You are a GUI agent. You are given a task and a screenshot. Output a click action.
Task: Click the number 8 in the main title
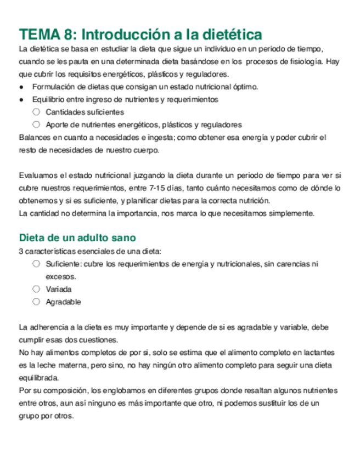point(69,35)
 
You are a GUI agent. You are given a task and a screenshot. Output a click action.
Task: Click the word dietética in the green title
point(229,35)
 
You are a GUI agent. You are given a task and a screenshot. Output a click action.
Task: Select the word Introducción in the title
point(125,35)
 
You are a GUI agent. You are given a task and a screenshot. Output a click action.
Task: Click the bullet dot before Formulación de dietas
point(21,87)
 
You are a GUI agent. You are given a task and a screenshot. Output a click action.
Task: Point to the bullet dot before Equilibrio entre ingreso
point(21,100)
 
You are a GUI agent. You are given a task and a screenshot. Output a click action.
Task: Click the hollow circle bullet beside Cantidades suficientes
point(36,112)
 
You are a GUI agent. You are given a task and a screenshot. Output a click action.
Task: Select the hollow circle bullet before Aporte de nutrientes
point(36,124)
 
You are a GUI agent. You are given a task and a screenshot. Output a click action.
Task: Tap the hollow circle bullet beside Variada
point(36,289)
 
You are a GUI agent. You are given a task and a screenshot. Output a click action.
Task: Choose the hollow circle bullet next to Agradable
point(36,302)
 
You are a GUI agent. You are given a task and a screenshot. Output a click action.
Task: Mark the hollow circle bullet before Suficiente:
point(36,264)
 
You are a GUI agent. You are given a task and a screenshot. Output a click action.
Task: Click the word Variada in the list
point(59,289)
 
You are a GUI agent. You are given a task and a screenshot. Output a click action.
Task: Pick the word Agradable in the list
point(63,302)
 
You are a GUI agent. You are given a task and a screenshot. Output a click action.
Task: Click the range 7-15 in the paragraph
point(160,188)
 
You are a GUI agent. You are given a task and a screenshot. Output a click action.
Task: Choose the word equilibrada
point(40,378)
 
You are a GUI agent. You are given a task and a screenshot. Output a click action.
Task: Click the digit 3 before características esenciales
point(21,252)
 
